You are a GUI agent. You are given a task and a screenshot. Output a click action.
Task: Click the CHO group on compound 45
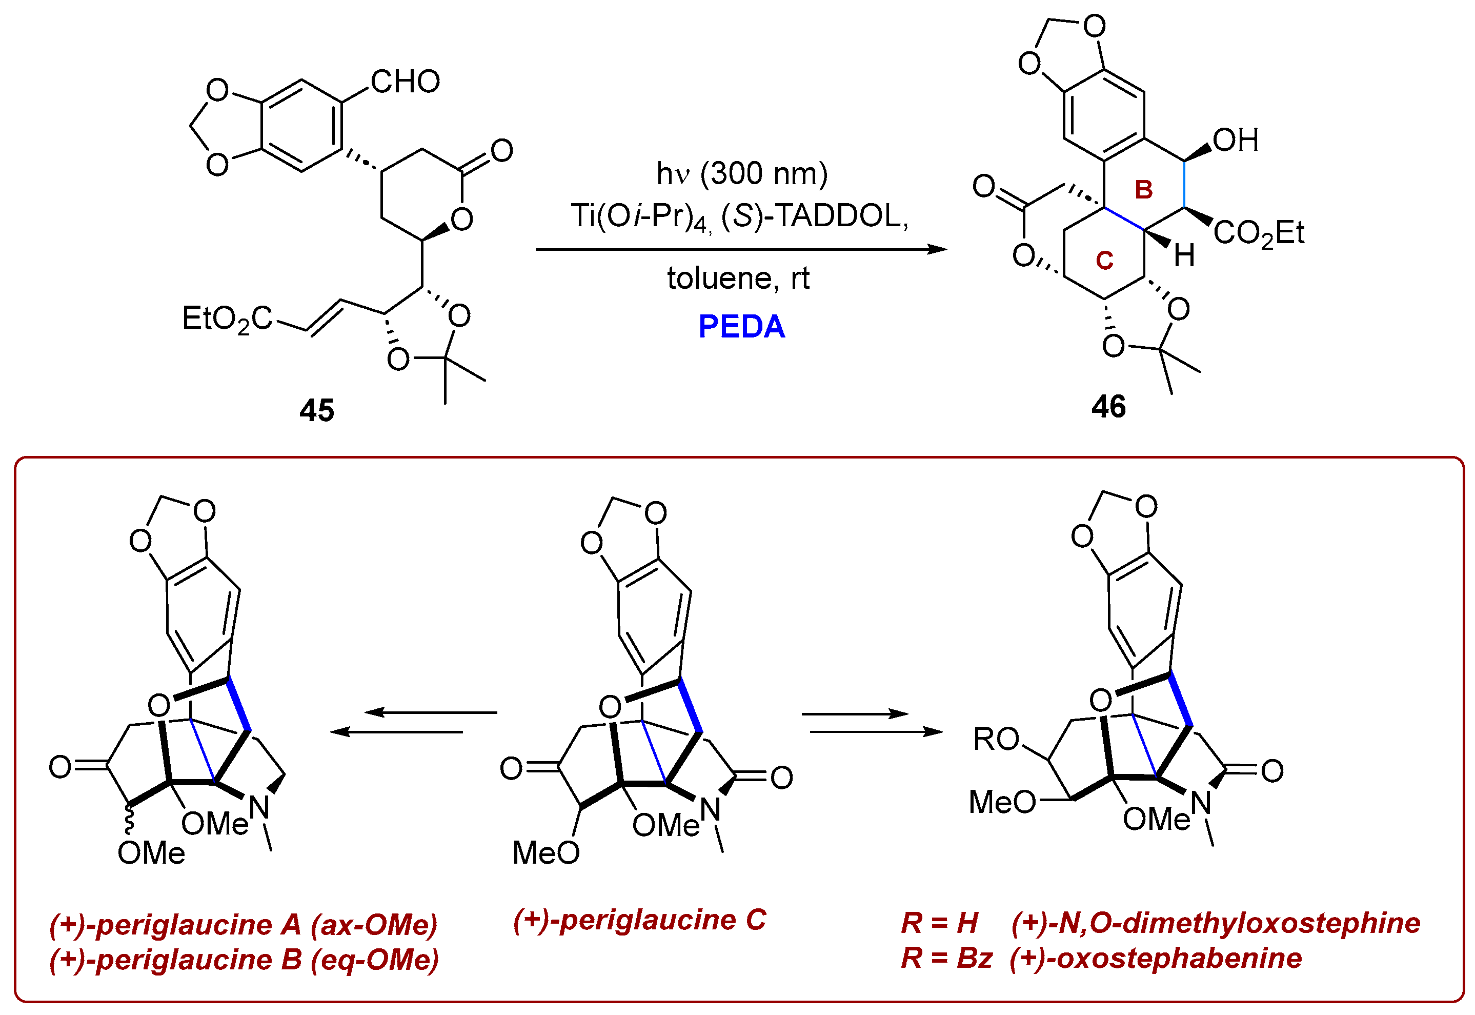[405, 82]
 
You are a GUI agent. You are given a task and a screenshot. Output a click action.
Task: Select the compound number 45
[317, 411]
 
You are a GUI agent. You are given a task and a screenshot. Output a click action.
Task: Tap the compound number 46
[1108, 406]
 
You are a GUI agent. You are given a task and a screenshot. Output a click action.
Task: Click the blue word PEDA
[741, 327]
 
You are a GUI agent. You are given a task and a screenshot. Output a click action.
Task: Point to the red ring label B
[1143, 190]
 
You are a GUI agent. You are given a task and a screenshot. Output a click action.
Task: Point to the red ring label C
[1104, 260]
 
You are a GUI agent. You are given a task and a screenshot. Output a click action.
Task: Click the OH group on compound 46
[1235, 141]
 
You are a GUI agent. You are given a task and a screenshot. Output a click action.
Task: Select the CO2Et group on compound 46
[1258, 233]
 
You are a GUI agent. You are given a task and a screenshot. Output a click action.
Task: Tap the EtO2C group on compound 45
[227, 319]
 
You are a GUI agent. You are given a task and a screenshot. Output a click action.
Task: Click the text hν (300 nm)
[742, 174]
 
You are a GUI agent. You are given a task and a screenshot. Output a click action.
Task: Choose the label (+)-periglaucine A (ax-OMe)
[244, 925]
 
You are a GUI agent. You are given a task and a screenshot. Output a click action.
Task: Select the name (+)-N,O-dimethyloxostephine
[1215, 923]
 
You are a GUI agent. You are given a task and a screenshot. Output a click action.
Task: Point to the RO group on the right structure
[996, 739]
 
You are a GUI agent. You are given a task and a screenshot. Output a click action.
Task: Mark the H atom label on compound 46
[1184, 256]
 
